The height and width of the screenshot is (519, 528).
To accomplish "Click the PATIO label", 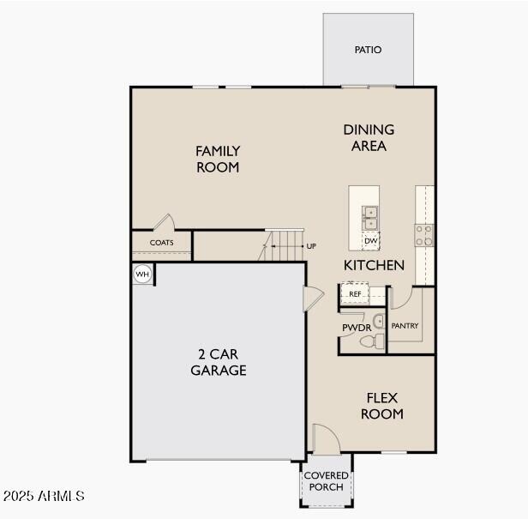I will [368, 50].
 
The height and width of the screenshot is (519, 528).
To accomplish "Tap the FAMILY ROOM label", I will [218, 159].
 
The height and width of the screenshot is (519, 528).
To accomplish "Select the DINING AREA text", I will [369, 137].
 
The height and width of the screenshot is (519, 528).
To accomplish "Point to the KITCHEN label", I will [374, 265].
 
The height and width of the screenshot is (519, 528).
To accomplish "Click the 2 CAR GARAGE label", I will [218, 363].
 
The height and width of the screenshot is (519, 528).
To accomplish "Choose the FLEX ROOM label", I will [381, 406].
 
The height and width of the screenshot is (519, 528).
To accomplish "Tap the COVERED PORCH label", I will [326, 481].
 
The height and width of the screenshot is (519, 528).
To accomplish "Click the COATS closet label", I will [161, 243].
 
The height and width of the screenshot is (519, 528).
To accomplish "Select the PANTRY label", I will [405, 326].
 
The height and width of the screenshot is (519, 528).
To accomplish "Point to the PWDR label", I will [356, 328].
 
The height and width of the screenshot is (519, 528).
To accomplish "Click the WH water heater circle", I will [142, 275].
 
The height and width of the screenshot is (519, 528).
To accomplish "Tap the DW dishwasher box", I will [370, 241].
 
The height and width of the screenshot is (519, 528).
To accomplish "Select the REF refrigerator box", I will [355, 294].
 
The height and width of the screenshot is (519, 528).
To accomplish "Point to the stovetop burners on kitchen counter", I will [424, 235].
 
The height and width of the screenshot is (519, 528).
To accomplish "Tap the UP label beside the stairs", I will [311, 246].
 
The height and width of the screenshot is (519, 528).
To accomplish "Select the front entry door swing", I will [324, 438].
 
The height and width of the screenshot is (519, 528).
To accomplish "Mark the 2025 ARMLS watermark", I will [44, 496].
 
